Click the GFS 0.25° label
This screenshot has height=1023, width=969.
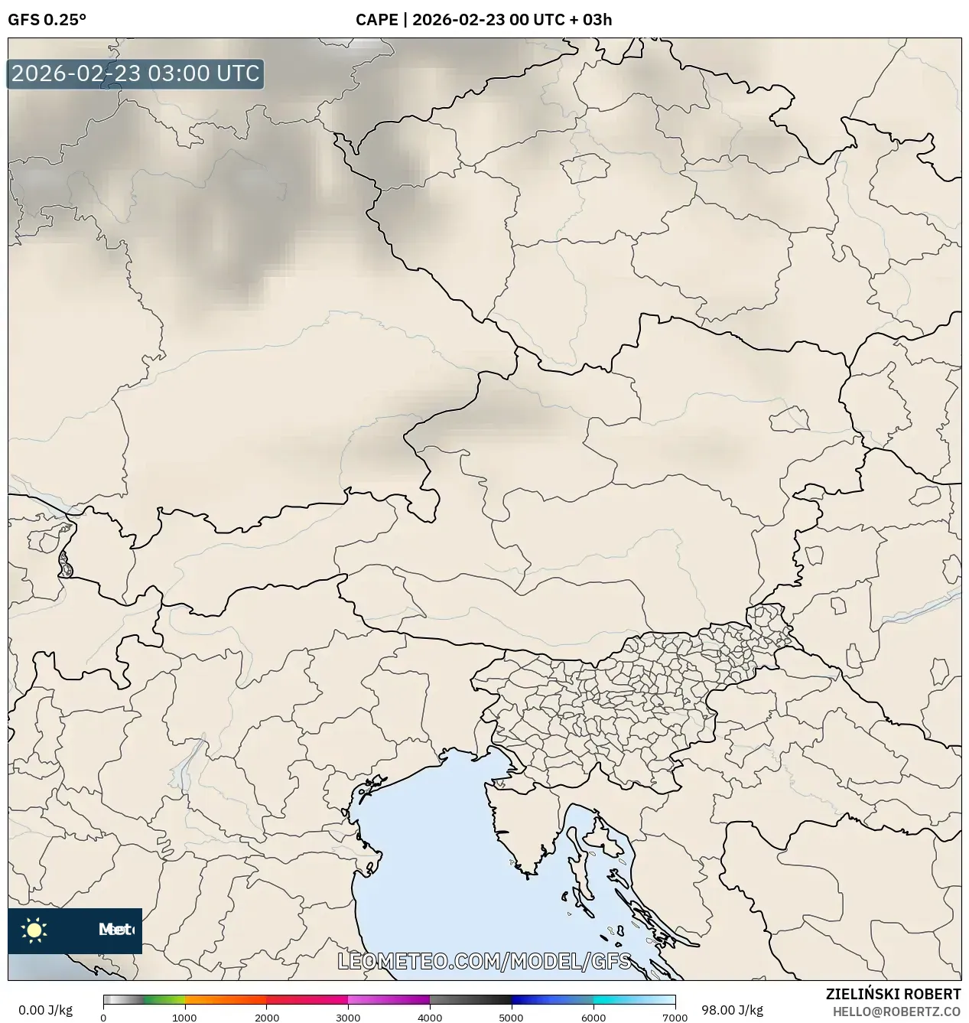coord(47,20)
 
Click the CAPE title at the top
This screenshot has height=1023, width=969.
coord(483,20)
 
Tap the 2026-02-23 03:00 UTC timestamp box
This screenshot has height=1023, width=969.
coord(135,74)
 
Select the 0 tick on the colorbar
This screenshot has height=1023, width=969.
coord(104,1017)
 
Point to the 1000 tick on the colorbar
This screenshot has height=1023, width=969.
coord(184,1017)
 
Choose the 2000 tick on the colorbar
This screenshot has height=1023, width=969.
coord(266,1017)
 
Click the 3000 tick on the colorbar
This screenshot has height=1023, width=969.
coord(348,1017)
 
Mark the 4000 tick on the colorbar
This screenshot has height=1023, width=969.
coord(430,1017)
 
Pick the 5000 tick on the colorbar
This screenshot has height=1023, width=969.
coord(511,1017)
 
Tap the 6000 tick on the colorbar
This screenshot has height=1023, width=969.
coord(593,1017)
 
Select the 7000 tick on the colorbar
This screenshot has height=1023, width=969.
coord(675,1017)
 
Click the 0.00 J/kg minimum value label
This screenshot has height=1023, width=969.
coord(46,1010)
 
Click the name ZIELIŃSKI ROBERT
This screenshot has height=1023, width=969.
coord(893,994)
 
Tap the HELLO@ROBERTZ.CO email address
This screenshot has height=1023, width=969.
coord(897,1012)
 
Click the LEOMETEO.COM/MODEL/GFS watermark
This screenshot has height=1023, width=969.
coord(485,961)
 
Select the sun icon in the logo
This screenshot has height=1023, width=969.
coord(34,930)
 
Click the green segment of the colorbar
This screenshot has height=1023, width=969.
coord(164,999)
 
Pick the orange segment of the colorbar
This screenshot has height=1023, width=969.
coord(226,999)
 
